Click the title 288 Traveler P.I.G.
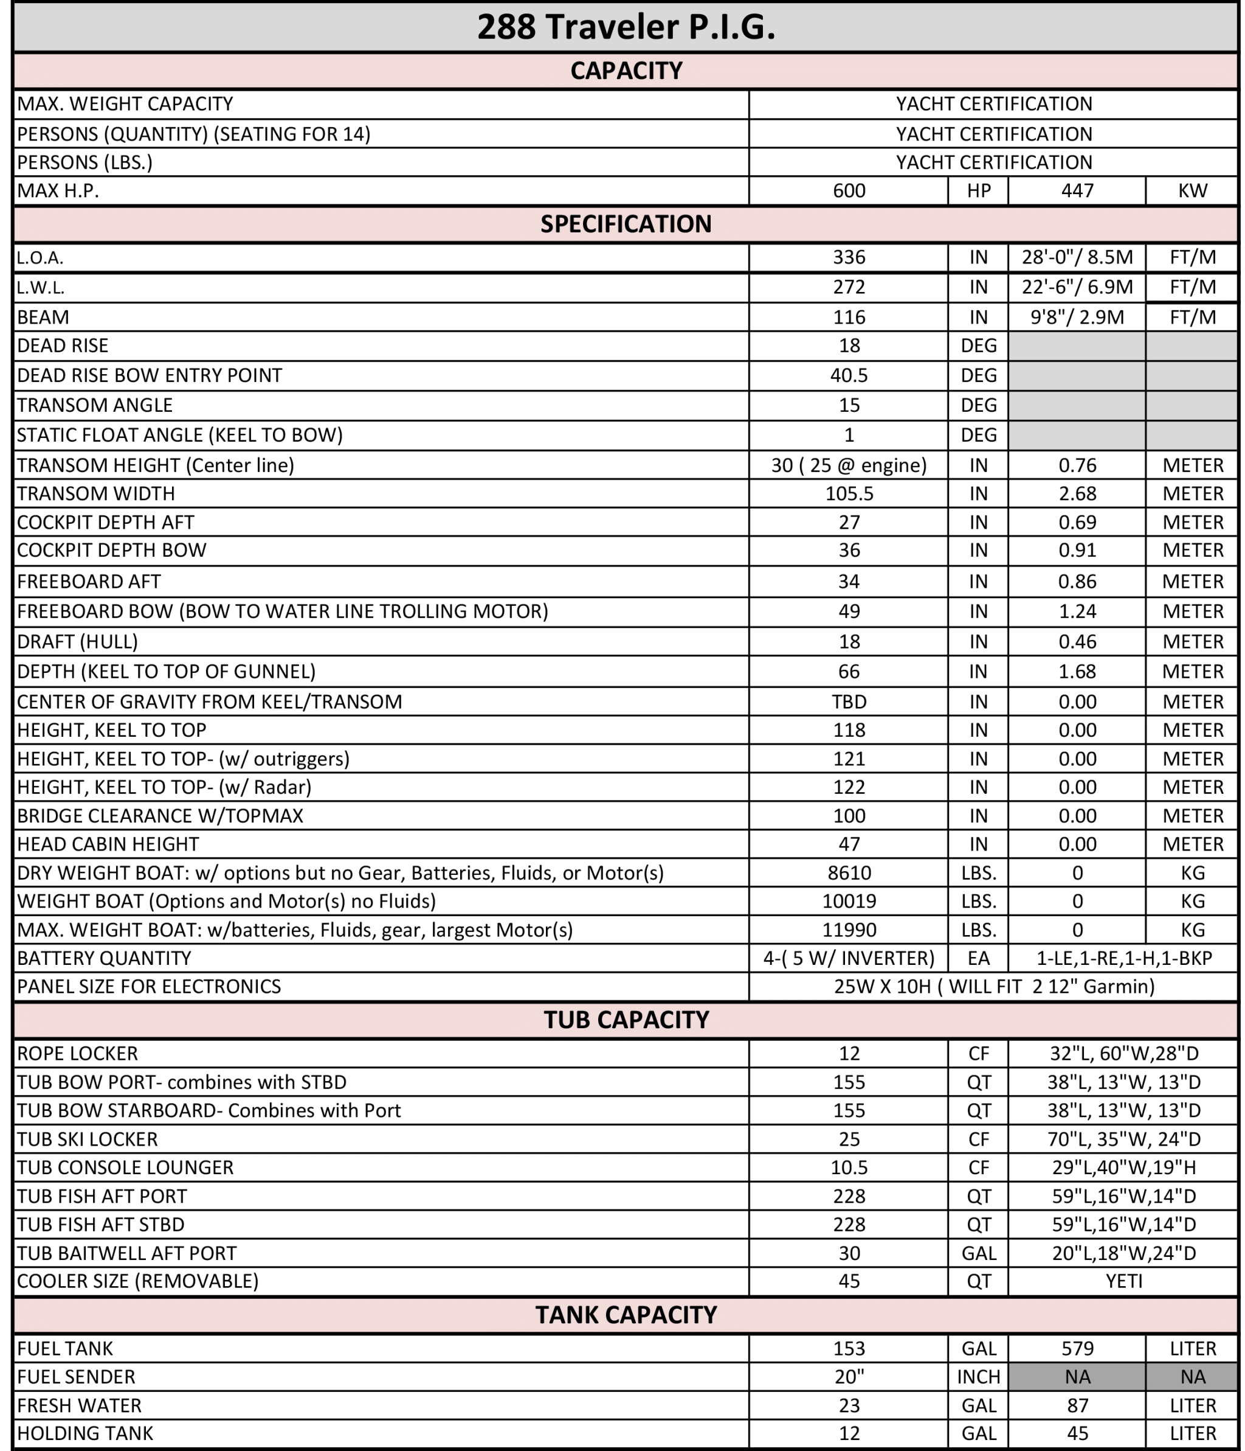(626, 27)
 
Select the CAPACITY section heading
(626, 71)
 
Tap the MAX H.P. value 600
(848, 190)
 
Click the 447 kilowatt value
(1077, 190)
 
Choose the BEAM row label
(43, 317)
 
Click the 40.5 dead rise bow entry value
(848, 375)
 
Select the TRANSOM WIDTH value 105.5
(848, 493)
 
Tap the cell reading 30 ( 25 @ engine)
(848, 465)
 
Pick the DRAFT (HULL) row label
(77, 641)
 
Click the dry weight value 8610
(848, 872)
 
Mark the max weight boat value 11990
(848, 930)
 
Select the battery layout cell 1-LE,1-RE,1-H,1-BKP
(1123, 958)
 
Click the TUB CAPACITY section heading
(626, 1020)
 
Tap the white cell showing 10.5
(848, 1167)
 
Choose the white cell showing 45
(848, 1281)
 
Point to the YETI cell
(1123, 1281)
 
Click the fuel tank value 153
(848, 1348)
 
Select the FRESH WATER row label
(79, 1405)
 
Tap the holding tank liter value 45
(1077, 1433)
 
